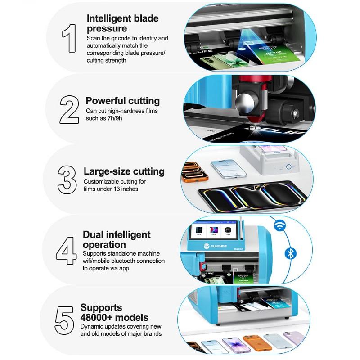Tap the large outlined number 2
69,110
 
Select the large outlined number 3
67,180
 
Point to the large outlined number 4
66,251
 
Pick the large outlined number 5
64,320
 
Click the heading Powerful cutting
122,101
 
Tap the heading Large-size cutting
124,171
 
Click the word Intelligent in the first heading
107,18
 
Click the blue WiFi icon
280,226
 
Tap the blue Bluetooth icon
290,254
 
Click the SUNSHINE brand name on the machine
219,246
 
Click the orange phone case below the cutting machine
257,343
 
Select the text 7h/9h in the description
115,118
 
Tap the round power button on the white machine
288,166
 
